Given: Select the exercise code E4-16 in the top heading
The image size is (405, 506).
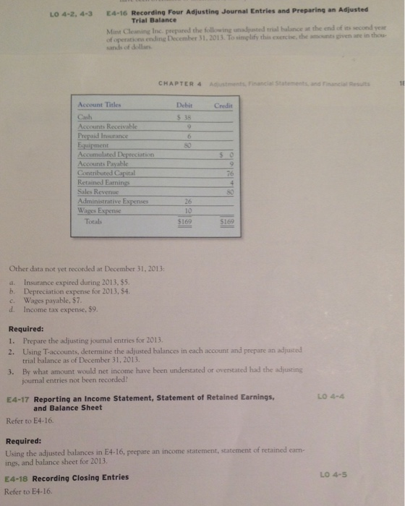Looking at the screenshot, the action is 117,11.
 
